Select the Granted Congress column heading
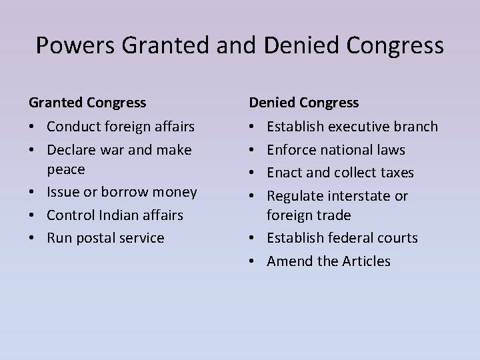(x=87, y=102)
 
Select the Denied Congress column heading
(x=304, y=102)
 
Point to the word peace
(x=66, y=169)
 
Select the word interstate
(x=359, y=196)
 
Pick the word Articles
(x=366, y=261)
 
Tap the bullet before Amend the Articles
(x=253, y=261)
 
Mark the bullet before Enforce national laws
(x=253, y=150)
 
